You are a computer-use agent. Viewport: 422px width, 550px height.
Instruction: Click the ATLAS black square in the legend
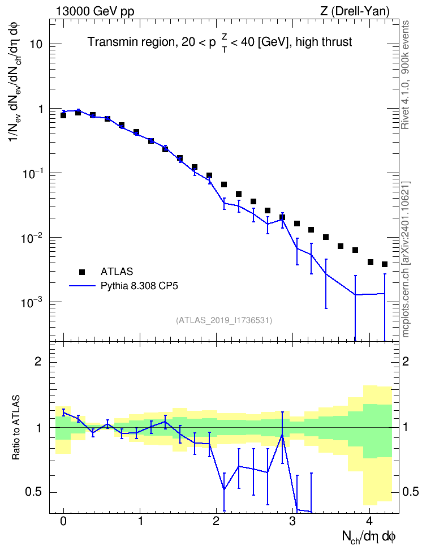click(x=82, y=272)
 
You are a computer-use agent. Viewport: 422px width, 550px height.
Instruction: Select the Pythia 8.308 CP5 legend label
click(x=139, y=286)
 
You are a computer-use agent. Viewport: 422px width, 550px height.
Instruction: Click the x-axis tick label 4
click(x=369, y=521)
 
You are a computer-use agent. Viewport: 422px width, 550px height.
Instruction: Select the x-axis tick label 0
click(x=63, y=521)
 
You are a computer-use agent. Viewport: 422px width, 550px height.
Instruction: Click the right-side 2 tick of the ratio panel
click(x=406, y=361)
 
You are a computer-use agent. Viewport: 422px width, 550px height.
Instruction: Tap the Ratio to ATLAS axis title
click(x=16, y=428)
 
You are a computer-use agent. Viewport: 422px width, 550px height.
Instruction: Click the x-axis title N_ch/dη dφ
click(x=369, y=537)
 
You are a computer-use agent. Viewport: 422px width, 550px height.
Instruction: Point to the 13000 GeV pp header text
click(x=95, y=11)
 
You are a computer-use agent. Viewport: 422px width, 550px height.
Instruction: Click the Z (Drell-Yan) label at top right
click(x=355, y=11)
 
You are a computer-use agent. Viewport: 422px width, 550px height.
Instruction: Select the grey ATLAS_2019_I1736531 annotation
click(x=224, y=320)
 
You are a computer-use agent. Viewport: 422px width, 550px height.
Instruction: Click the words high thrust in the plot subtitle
click(x=324, y=42)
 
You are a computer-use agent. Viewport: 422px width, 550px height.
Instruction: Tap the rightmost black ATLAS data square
click(x=385, y=264)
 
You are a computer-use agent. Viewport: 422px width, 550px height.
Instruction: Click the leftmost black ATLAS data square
click(x=63, y=115)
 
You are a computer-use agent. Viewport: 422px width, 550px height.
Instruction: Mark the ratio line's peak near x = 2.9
click(x=282, y=435)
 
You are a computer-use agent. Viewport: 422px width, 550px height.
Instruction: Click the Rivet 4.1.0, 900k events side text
click(x=405, y=75)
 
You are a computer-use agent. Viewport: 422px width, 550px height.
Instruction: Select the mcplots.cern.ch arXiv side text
click(x=405, y=259)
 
